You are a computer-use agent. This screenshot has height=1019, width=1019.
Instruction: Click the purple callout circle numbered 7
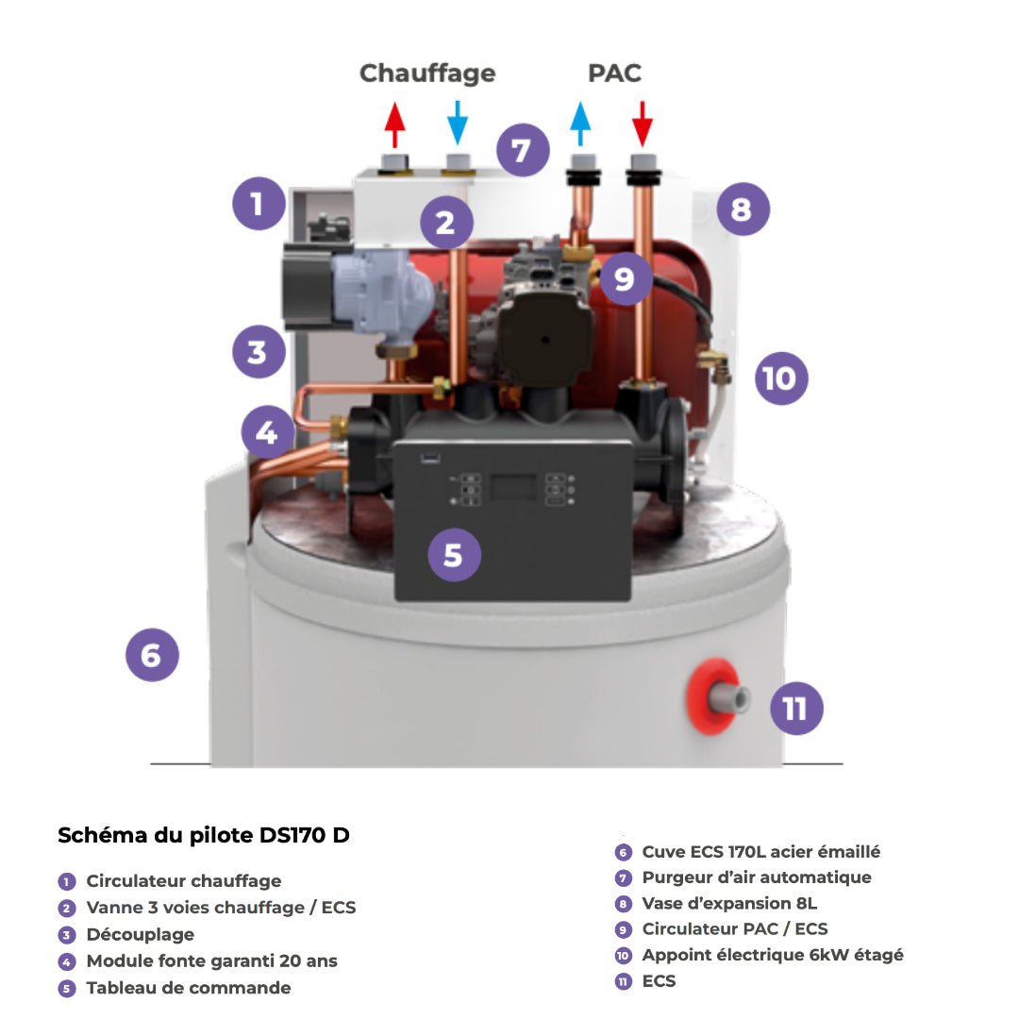523,149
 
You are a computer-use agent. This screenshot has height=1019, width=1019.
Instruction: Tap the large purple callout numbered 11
796,708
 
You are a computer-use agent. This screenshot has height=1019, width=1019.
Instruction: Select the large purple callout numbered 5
454,555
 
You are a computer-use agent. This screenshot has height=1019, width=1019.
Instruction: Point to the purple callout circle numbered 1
259,203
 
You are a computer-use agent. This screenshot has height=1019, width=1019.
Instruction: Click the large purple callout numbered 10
781,378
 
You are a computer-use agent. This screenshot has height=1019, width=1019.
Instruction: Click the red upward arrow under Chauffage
395,124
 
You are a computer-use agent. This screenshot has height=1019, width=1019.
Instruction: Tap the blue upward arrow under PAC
580,124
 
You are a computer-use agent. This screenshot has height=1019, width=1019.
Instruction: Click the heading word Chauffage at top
427,74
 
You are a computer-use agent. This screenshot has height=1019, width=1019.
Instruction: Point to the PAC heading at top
614,74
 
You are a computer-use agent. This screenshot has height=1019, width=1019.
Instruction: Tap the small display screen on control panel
512,489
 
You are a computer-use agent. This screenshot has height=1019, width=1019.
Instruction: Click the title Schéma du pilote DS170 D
204,836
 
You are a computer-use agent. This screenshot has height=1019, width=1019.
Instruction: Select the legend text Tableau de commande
188,988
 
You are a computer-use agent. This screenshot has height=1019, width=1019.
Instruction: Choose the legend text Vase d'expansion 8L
729,903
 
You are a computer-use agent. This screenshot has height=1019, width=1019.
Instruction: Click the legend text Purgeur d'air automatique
756,877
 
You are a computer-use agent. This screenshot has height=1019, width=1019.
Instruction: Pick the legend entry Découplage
140,934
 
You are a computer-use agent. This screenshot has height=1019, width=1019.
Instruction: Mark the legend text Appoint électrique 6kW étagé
772,955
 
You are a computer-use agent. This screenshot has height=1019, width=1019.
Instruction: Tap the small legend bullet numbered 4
66,961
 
